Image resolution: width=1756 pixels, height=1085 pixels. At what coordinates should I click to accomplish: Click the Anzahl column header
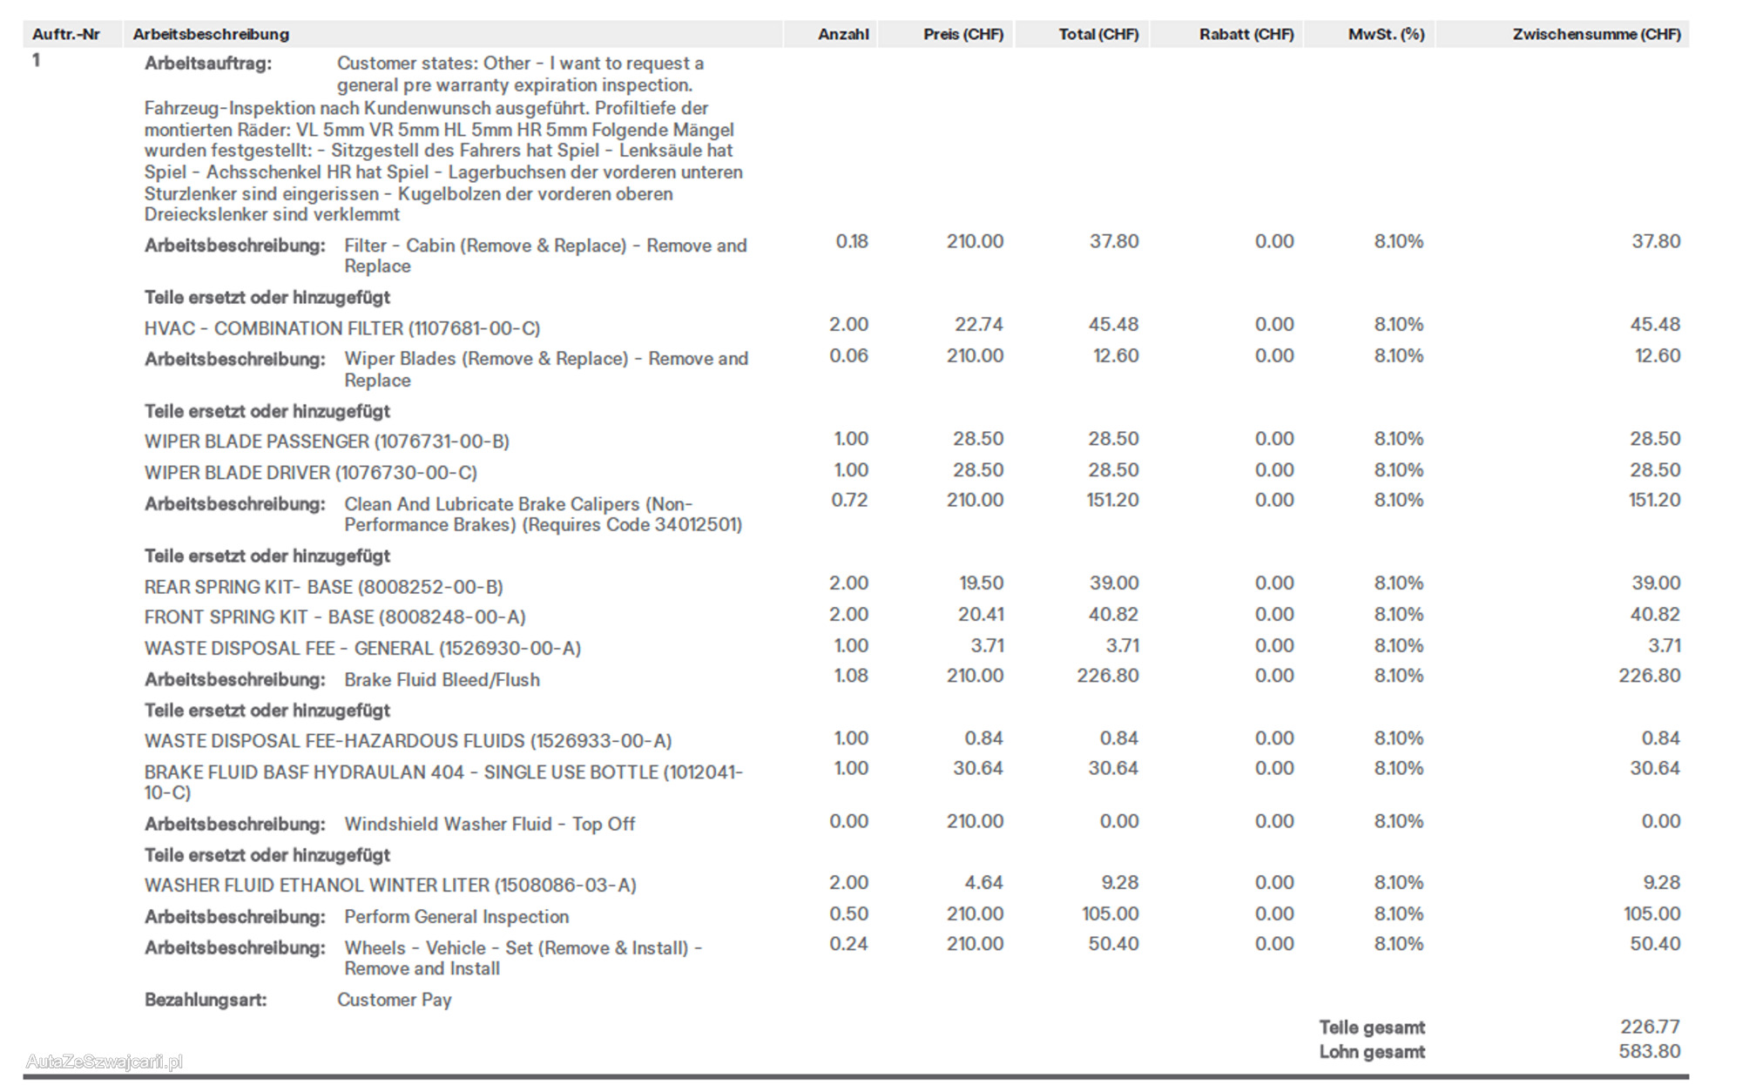[x=842, y=35]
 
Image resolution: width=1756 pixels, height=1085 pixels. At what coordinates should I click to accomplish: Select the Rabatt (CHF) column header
[x=1246, y=35]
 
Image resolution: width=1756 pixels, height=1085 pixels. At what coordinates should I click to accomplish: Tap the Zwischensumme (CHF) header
[x=1596, y=35]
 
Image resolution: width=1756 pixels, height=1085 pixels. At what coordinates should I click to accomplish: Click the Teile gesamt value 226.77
[x=1650, y=1028]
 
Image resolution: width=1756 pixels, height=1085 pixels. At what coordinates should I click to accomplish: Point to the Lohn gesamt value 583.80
[x=1650, y=1052]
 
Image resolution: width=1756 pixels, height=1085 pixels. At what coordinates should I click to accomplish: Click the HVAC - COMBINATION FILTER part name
[x=341, y=328]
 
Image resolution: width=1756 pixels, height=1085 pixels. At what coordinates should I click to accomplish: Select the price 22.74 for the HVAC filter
[x=978, y=325]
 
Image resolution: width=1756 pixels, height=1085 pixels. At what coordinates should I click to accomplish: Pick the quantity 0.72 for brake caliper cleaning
[x=848, y=501]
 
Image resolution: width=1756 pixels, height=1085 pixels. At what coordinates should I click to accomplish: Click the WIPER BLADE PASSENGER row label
[x=327, y=441]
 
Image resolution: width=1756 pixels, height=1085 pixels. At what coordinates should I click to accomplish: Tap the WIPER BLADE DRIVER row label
[x=310, y=473]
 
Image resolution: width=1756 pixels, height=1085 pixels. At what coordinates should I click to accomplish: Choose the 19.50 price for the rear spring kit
[x=981, y=583]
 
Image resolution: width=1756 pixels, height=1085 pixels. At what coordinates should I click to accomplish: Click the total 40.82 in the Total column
[x=1113, y=615]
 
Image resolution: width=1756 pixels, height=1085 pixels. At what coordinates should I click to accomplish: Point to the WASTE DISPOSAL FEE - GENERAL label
[x=362, y=649]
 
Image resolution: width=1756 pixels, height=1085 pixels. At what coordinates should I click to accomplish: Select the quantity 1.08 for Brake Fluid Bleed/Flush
[x=850, y=676]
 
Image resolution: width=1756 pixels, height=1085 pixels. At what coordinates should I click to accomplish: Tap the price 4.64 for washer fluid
[x=983, y=883]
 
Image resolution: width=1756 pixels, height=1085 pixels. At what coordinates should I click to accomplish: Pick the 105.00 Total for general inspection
[x=1110, y=914]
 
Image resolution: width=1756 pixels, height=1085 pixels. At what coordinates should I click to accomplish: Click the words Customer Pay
[x=394, y=1000]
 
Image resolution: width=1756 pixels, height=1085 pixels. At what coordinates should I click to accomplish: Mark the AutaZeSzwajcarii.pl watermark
[x=105, y=1061]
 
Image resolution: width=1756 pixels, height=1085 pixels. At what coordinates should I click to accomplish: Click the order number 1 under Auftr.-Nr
[x=36, y=61]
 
